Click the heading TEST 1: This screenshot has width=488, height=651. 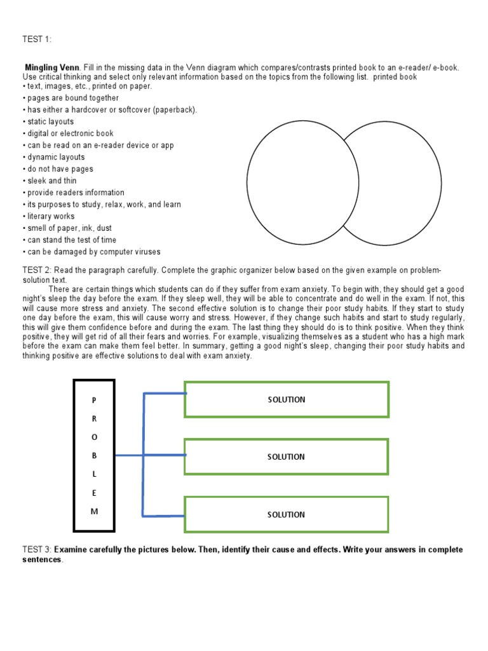coord(37,39)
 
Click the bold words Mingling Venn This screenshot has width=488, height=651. coord(52,67)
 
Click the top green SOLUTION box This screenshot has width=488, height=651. coord(286,399)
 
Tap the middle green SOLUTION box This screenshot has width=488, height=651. coord(286,456)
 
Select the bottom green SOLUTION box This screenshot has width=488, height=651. coord(286,514)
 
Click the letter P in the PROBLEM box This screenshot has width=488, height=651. coord(95,400)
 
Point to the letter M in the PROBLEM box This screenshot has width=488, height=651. coord(95,512)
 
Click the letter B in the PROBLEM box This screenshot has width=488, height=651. coord(95,455)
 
